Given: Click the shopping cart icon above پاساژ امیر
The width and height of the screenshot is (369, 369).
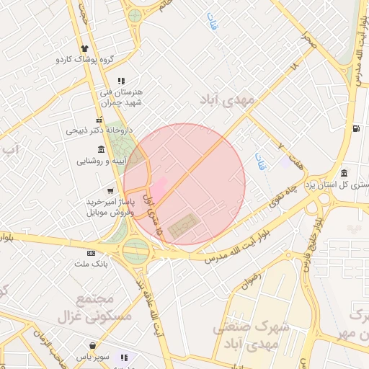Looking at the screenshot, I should coord(109,191).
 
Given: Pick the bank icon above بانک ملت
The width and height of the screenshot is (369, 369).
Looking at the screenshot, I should coord(91,253).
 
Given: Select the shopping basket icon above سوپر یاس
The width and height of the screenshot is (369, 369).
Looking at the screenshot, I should coord(93,345).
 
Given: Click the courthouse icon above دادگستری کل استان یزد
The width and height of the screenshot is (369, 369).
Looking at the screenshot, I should coord(344,173).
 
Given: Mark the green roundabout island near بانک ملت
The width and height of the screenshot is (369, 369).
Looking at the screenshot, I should coord(135,251).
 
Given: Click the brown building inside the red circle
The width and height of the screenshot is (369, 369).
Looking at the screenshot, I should coord(182,226).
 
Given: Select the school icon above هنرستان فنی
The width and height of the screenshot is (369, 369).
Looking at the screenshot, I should coord(121,81).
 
